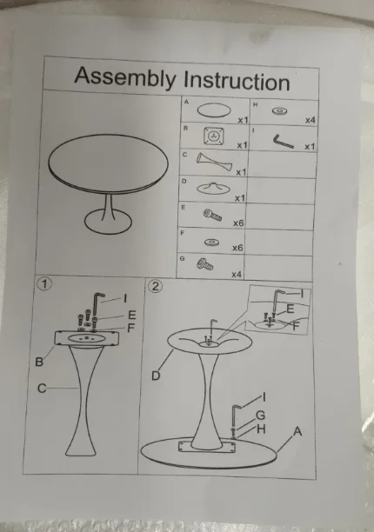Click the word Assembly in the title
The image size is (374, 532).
pyautogui.click(x=125, y=77)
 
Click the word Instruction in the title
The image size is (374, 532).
pyautogui.click(x=237, y=81)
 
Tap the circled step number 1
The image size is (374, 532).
pyautogui.click(x=45, y=283)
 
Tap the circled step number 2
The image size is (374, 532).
pyautogui.click(x=155, y=286)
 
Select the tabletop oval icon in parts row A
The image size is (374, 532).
pyautogui.click(x=214, y=110)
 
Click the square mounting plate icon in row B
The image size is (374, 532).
pyautogui.click(x=214, y=136)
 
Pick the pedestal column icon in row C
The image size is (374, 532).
pyautogui.click(x=214, y=162)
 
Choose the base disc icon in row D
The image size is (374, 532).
pyautogui.click(x=213, y=189)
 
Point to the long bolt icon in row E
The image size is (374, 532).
pyautogui.click(x=213, y=215)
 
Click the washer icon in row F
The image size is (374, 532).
pyautogui.click(x=211, y=243)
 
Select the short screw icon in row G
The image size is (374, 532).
pyautogui.click(x=204, y=264)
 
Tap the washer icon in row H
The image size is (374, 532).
pyautogui.click(x=280, y=111)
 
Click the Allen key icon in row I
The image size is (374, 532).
pyautogui.click(x=283, y=141)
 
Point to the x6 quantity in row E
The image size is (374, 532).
pyautogui.click(x=238, y=223)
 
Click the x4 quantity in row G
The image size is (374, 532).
pyautogui.click(x=237, y=274)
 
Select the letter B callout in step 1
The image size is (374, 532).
pyautogui.click(x=39, y=362)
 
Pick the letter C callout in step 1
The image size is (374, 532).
pyautogui.click(x=42, y=388)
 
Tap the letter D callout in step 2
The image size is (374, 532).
pyautogui.click(x=156, y=376)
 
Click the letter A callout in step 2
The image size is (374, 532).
pyautogui.click(x=297, y=431)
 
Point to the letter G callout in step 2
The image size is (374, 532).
pyautogui.click(x=260, y=415)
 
